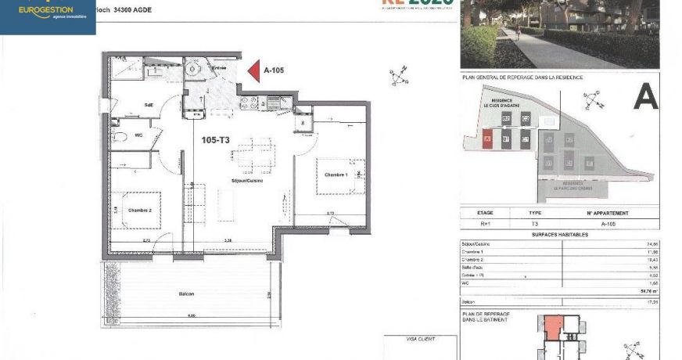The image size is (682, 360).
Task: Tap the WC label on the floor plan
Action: (138, 135)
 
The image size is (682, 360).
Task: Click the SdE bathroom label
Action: (148, 105)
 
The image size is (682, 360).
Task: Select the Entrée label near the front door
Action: (221, 69)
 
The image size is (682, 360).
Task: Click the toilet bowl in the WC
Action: (118, 136)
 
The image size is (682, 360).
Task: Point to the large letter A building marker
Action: (644, 96)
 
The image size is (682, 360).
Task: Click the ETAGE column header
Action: (486, 212)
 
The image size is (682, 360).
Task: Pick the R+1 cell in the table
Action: (486, 223)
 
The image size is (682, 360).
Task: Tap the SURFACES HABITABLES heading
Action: (558, 234)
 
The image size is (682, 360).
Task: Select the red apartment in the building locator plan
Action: (553, 326)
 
